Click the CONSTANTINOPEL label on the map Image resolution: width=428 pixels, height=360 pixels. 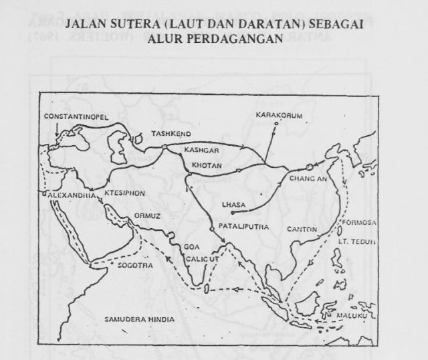[75, 116]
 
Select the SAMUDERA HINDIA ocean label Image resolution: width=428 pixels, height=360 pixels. [138, 319]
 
